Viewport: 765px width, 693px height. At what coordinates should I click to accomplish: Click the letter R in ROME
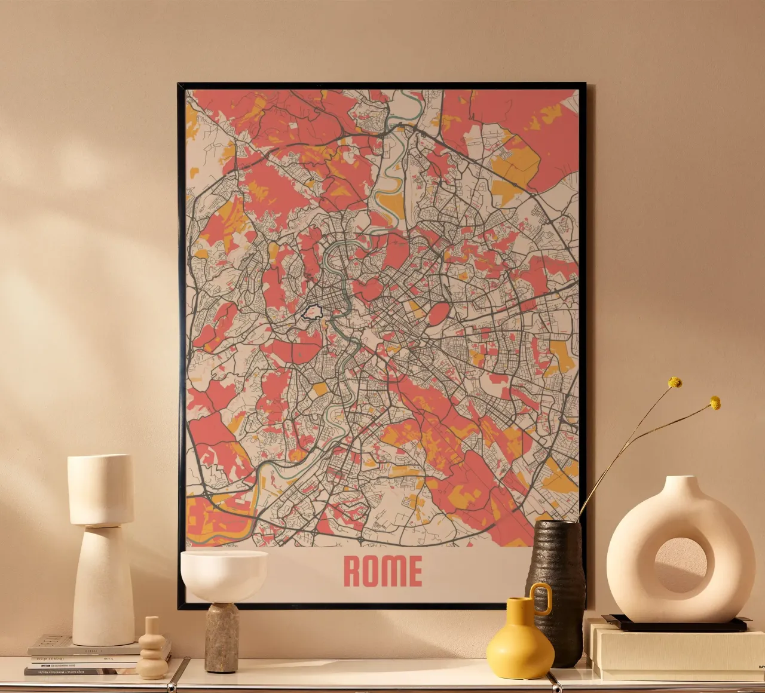[x=353, y=571]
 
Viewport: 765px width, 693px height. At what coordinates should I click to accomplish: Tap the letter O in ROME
[x=373, y=571]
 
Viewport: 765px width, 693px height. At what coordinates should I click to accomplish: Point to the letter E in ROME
[x=414, y=571]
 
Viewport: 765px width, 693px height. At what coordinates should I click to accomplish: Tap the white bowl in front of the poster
[x=224, y=573]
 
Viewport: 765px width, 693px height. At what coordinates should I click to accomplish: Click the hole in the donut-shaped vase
[x=681, y=565]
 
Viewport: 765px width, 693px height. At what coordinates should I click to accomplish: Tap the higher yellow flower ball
[x=675, y=382]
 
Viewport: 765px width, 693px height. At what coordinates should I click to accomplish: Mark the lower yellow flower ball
[x=715, y=403]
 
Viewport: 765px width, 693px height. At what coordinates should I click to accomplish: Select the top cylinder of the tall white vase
[x=100, y=489]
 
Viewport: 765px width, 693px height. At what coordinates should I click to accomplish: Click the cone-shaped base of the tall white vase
[x=103, y=585]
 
